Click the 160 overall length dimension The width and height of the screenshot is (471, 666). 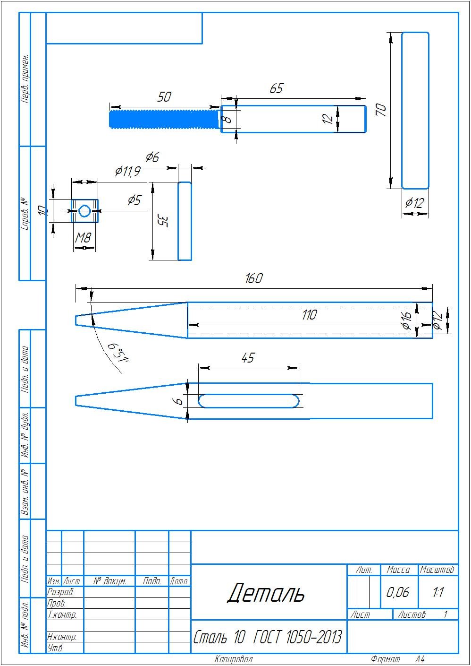pyautogui.click(x=254, y=278)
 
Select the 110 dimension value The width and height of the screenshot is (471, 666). pyautogui.click(x=310, y=315)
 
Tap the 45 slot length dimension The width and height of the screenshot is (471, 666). pyautogui.click(x=248, y=357)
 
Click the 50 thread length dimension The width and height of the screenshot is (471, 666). pyautogui.click(x=164, y=97)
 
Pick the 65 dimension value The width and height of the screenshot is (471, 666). pyautogui.click(x=276, y=88)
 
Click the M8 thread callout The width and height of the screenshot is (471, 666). pyautogui.click(x=83, y=238)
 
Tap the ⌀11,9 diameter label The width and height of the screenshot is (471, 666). pyautogui.click(x=127, y=171)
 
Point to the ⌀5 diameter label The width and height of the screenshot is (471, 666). pyautogui.click(x=135, y=200)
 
